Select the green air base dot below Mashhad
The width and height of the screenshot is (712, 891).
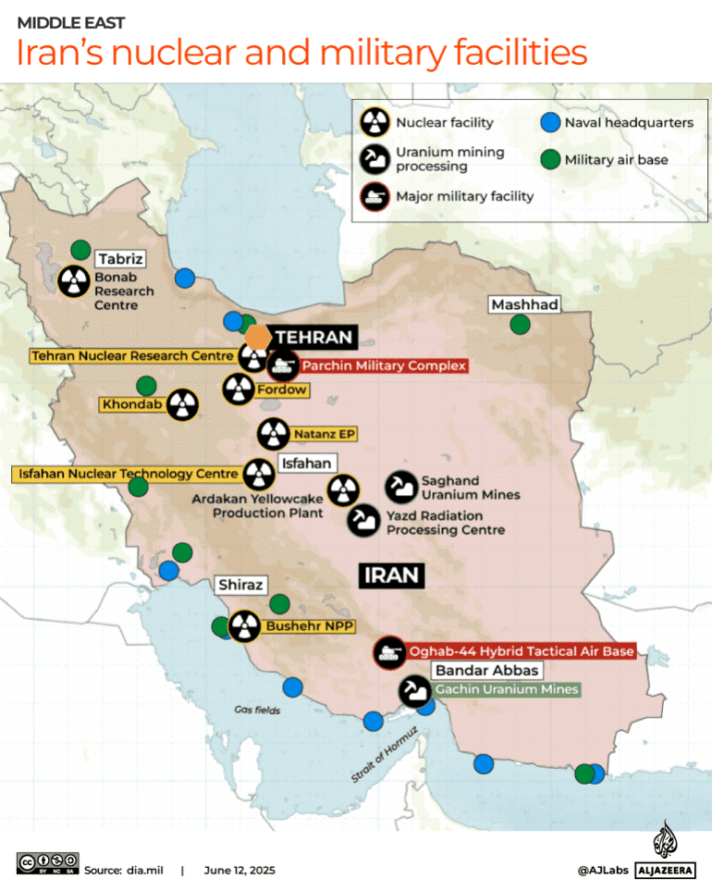pyautogui.click(x=521, y=324)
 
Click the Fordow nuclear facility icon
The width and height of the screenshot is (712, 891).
pyautogui.click(x=239, y=390)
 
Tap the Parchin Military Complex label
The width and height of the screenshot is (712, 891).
pyautogui.click(x=383, y=365)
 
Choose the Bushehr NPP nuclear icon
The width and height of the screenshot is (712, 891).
pyautogui.click(x=245, y=626)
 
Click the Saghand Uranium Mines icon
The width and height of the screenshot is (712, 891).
pyautogui.click(x=400, y=485)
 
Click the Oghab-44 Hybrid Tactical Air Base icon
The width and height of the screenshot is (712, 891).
pyautogui.click(x=389, y=651)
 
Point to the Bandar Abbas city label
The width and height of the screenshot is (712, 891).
pyautogui.click(x=487, y=670)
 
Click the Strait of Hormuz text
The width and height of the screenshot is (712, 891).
pyautogui.click(x=385, y=755)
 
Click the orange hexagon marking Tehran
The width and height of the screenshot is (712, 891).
pyautogui.click(x=257, y=337)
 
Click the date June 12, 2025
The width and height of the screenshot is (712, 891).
pyautogui.click(x=239, y=870)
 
